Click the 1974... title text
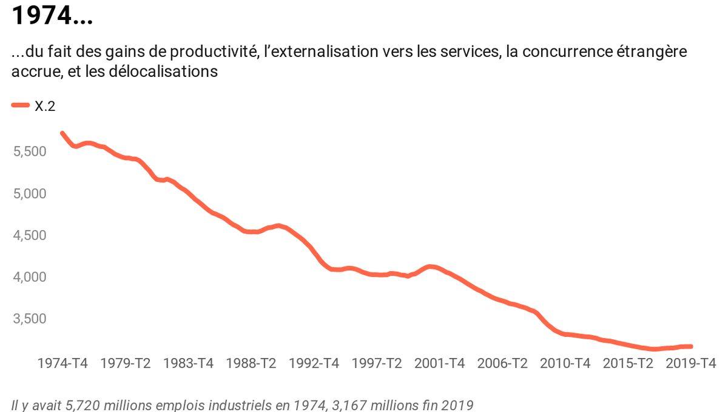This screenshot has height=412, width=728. [x=52, y=16]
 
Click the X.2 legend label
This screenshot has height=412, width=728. [x=45, y=106]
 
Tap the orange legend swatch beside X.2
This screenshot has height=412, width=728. [x=20, y=105]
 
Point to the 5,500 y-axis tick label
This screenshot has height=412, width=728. [x=30, y=151]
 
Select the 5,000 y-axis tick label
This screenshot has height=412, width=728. [x=30, y=193]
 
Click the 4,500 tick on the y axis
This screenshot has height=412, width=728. [x=30, y=235]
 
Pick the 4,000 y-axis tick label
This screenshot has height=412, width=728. [x=30, y=277]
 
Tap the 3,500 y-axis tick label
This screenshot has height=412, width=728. [x=30, y=319]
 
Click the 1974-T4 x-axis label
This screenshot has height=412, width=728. [x=62, y=364]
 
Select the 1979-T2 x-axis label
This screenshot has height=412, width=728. [x=126, y=364]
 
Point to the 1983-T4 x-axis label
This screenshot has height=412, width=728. [x=188, y=364]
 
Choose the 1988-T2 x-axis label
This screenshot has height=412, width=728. [x=251, y=364]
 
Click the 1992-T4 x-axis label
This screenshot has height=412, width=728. [x=314, y=364]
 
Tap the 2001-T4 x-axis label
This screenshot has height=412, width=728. [x=439, y=364]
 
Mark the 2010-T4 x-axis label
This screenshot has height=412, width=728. [x=565, y=364]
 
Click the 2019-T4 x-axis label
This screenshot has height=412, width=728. [x=690, y=364]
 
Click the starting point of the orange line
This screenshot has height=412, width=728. [x=62, y=133]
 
